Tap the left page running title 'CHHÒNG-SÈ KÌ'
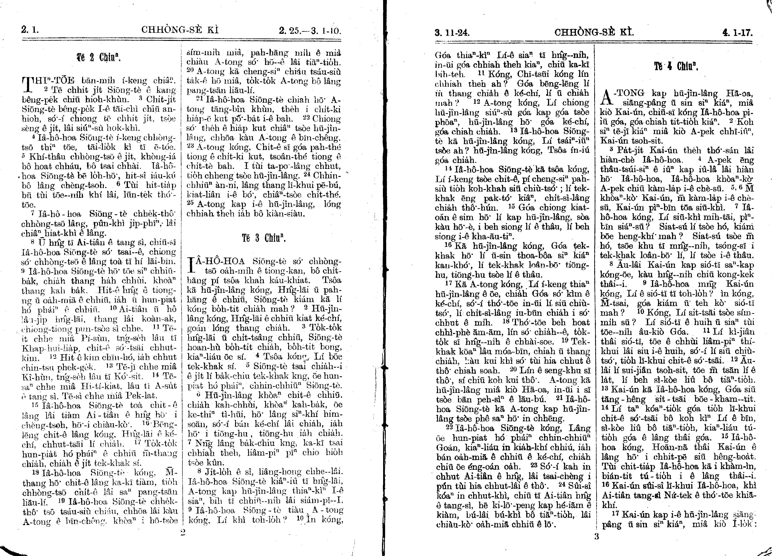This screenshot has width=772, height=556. [x=180, y=30]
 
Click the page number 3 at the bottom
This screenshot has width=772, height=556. [x=596, y=537]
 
